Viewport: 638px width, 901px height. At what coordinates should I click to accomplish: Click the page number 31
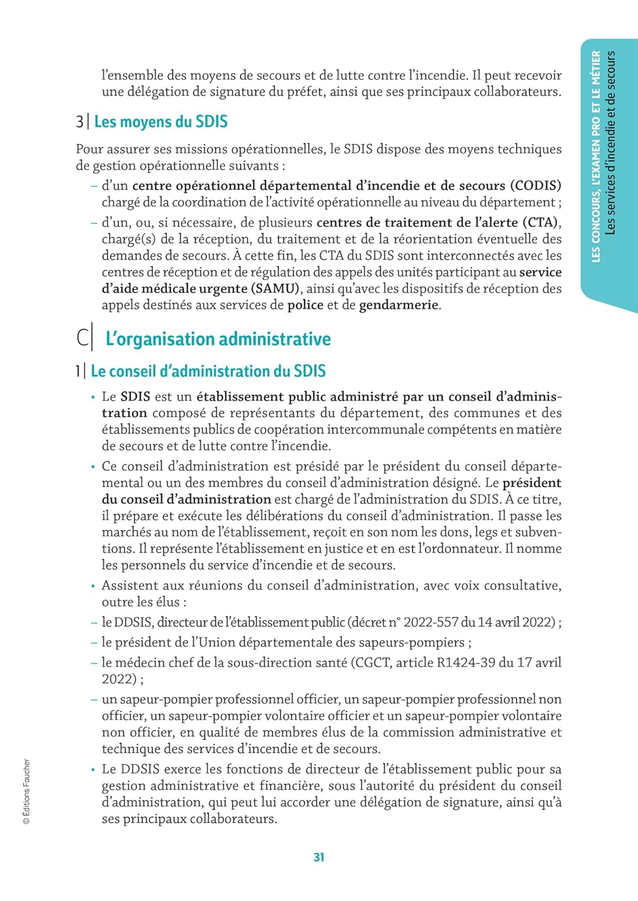pos(319,857)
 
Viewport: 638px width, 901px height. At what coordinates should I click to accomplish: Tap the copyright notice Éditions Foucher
pos(26,791)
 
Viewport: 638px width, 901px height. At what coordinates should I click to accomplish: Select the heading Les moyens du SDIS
pos(160,122)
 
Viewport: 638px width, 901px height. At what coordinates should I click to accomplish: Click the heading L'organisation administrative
pos(217,339)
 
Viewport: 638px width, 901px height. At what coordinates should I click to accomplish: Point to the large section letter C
pos(83,338)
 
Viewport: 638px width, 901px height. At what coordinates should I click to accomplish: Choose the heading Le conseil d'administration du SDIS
pos(208,371)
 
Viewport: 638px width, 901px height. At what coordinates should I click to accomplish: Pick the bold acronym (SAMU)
pos(275,289)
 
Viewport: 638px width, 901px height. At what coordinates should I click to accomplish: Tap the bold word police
pos(305,305)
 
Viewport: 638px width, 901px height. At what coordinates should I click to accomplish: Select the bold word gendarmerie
pos(398,305)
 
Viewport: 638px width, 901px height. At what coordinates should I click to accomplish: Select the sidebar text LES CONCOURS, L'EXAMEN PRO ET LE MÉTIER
pos(596,156)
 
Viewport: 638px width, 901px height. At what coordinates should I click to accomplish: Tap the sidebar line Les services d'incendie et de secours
pos(611,142)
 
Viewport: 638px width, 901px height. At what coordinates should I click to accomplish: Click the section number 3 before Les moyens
pos(79,122)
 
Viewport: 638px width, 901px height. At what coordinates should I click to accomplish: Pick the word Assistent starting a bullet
pos(128,586)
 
